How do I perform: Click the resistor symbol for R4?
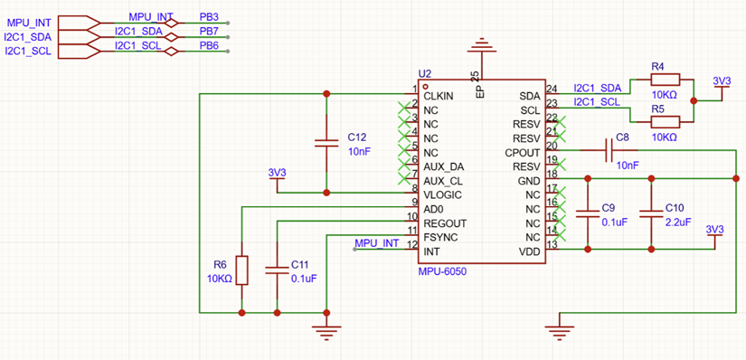click(666, 80)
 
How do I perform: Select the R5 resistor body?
click(666, 122)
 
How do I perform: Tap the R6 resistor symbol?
click(242, 270)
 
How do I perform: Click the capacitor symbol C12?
click(326, 143)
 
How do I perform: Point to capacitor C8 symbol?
click(609, 150)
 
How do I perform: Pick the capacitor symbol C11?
click(277, 270)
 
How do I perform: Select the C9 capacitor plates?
click(588, 213)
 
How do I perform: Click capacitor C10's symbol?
click(650, 213)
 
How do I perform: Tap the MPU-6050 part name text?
click(441, 271)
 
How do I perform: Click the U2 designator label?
click(424, 73)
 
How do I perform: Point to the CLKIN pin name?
click(439, 96)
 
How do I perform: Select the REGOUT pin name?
click(445, 223)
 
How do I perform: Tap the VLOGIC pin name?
click(442, 195)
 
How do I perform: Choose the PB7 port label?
click(209, 32)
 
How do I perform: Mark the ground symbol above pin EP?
click(483, 46)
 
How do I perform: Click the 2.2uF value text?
click(678, 222)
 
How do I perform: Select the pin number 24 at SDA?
click(552, 88)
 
